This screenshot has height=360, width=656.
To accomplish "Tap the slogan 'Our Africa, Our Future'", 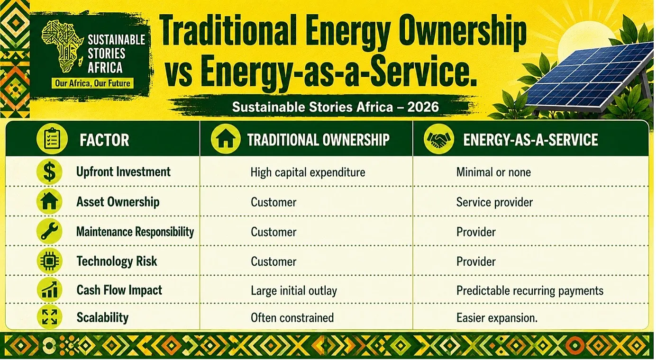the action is click(92, 83).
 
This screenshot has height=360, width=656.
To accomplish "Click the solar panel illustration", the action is click(589, 78).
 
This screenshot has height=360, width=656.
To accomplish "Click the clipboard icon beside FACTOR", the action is click(52, 139).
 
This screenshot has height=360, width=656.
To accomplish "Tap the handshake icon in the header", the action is click(439, 139).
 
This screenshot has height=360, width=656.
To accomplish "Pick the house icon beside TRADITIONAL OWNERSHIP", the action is click(226, 139).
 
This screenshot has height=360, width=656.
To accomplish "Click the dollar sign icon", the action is click(49, 172).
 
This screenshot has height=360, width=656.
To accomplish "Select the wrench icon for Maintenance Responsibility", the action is click(49, 231).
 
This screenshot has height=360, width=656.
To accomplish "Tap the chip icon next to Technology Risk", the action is click(49, 261).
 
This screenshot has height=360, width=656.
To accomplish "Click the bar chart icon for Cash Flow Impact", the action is click(49, 290).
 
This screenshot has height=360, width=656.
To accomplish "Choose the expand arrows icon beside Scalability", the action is click(49, 317).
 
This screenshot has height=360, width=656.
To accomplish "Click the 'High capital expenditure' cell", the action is click(308, 172).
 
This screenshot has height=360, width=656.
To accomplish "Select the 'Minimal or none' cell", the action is click(493, 172).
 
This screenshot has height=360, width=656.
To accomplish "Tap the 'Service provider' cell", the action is click(494, 202).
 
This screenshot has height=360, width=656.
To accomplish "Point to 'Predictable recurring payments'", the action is click(530, 291).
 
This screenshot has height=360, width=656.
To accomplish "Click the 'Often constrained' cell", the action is click(292, 318).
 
